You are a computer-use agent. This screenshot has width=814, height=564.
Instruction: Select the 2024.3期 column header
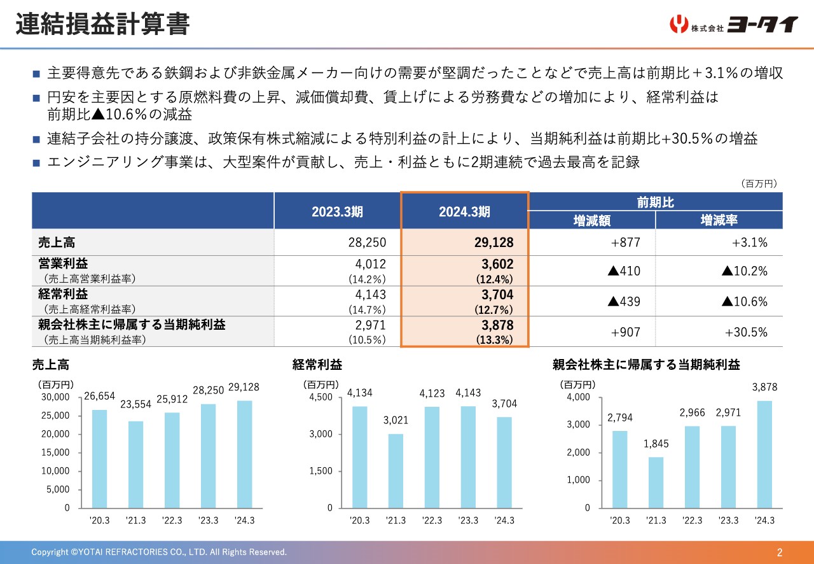[x=464, y=212]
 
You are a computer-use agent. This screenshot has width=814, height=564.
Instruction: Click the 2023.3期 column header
[x=337, y=212]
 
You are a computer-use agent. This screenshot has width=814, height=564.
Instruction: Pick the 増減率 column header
[x=719, y=220]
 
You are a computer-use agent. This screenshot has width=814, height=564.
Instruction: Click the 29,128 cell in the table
[x=493, y=243]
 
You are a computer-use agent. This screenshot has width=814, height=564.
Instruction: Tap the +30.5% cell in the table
[x=746, y=332]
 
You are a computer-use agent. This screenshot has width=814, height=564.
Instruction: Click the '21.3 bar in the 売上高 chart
[x=135, y=464]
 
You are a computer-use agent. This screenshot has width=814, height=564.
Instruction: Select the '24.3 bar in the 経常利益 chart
[x=504, y=462]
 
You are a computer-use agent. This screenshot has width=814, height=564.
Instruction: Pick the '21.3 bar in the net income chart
[x=656, y=482]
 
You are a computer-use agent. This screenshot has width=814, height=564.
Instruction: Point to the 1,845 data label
[x=656, y=445]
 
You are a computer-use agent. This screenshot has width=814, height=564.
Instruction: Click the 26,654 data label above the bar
[x=99, y=397]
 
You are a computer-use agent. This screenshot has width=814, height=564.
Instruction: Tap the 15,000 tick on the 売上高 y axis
[x=57, y=453]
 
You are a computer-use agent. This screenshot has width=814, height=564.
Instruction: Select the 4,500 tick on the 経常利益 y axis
[x=321, y=397]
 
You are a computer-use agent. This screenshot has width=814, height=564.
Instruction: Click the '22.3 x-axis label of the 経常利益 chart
[x=432, y=521]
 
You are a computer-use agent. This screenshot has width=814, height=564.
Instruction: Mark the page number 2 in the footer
[x=780, y=552]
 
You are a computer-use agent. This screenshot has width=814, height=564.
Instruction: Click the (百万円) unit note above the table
[x=759, y=183]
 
